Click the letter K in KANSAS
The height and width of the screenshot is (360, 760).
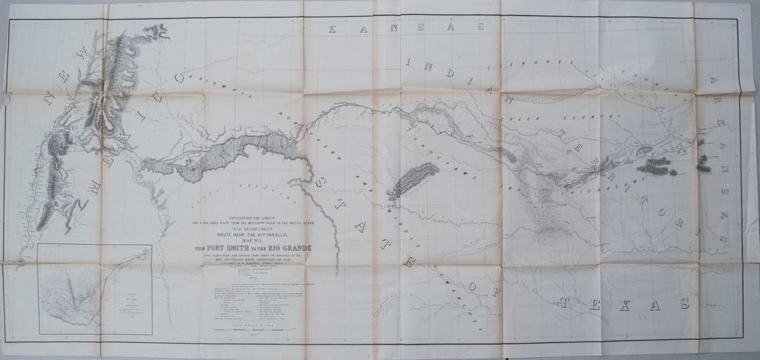pyautogui.click(x=332, y=30)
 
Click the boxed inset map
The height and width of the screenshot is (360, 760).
pyautogui.click(x=94, y=289)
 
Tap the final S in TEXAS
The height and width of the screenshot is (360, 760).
pyautogui.click(x=684, y=304)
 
